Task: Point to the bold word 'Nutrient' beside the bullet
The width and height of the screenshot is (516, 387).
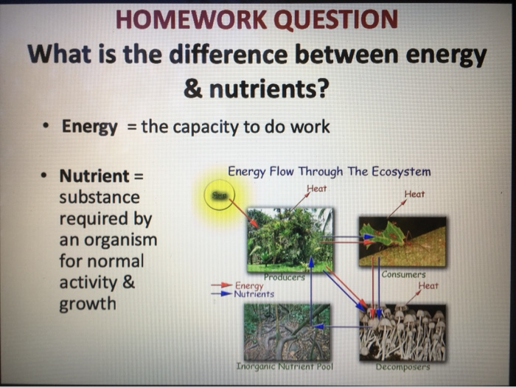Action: click(94, 176)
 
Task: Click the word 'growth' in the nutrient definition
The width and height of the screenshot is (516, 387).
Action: click(87, 304)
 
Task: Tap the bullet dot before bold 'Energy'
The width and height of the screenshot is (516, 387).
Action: click(46, 127)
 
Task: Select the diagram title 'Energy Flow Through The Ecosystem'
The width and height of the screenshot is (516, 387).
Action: click(329, 172)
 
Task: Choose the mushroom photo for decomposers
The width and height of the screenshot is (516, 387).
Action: click(402, 332)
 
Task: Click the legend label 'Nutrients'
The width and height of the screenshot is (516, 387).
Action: click(254, 293)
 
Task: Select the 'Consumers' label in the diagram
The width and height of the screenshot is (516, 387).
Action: click(403, 274)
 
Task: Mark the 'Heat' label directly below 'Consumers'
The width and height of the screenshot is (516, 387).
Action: click(428, 285)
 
